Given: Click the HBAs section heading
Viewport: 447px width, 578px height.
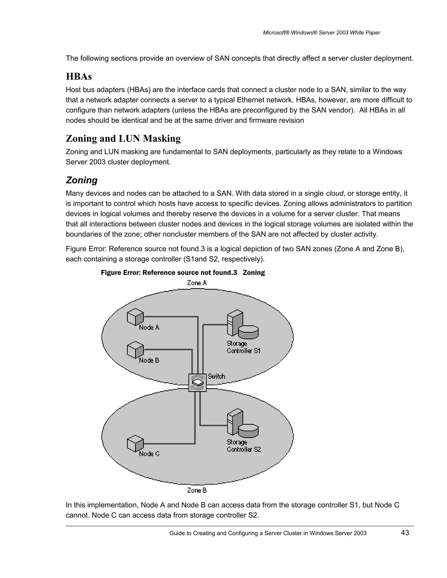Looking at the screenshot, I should pos(79,77).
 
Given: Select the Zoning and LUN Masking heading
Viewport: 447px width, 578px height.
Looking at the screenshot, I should pos(123,139).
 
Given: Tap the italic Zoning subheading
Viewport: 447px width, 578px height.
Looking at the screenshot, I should pos(82,180).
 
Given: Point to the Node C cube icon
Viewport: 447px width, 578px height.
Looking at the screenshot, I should pos(135,443).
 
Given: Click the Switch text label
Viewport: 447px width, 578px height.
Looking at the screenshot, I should pos(216,376).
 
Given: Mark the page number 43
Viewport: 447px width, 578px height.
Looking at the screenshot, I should pos(405,533).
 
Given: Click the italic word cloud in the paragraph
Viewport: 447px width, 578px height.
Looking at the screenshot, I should pos(334,193).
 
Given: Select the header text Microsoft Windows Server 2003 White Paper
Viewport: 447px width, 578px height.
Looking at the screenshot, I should pos(321,32).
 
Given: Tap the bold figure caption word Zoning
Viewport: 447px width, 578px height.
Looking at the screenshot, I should pos(254,273).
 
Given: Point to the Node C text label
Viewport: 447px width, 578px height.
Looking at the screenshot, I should pos(149,454).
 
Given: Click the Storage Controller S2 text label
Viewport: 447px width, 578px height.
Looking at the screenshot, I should pos(244,446).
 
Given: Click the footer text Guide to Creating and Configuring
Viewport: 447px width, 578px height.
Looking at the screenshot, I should pos(268,533).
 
